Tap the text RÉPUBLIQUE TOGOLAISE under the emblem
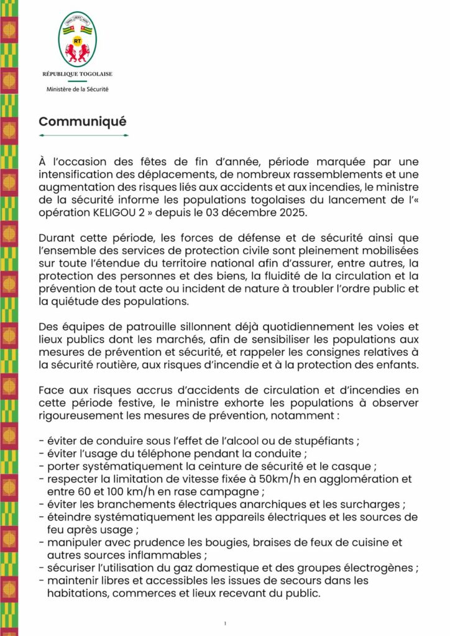(x=77, y=74)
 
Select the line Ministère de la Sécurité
(x=77, y=89)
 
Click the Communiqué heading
(x=82, y=120)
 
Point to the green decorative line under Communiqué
(x=83, y=135)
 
